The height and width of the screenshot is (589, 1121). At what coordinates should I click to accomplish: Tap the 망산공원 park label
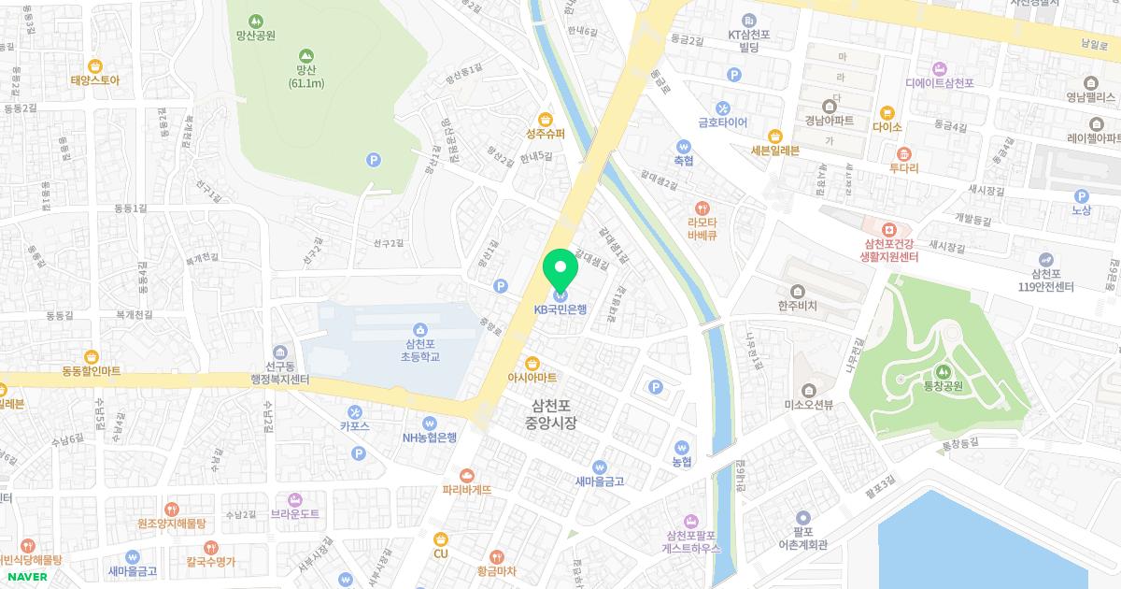[256, 36]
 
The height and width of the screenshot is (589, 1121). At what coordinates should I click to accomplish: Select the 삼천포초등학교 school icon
[419, 329]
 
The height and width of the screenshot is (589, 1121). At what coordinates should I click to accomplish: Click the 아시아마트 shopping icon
[532, 363]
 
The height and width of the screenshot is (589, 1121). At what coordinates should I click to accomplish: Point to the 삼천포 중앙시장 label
[551, 415]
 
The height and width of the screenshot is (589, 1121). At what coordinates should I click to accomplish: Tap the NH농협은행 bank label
[430, 437]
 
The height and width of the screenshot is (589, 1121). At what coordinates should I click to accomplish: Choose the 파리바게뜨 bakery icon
[467, 475]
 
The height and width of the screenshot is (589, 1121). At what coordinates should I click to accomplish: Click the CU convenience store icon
[441, 539]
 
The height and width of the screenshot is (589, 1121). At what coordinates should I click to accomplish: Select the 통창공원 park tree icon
[942, 371]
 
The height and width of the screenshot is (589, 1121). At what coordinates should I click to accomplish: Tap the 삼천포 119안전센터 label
[1052, 280]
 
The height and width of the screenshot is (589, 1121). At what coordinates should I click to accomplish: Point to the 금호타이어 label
[722, 122]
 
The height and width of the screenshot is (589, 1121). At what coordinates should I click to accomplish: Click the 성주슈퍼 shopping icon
[546, 119]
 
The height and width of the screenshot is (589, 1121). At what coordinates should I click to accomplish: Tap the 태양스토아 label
[94, 79]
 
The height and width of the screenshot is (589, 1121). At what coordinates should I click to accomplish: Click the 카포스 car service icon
[355, 411]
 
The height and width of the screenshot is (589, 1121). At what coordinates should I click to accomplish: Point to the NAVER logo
[27, 576]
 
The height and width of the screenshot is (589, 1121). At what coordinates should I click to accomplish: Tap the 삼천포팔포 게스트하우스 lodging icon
[692, 520]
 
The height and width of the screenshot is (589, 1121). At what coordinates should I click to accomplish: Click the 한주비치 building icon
[797, 291]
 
